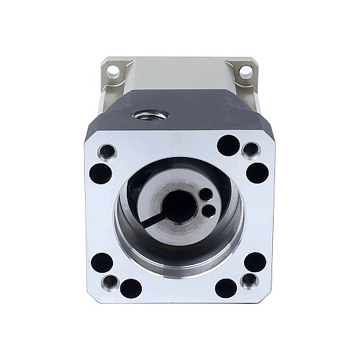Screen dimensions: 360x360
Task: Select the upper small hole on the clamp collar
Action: pos(203,194)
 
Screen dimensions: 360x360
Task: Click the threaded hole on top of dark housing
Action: pos(150,114)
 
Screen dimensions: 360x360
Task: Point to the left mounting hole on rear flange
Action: pos(114,73)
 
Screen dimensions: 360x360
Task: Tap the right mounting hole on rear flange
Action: pos(246,72)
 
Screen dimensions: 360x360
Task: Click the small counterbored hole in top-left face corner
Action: pos(107,152)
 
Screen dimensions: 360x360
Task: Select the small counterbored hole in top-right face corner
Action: pos(251,150)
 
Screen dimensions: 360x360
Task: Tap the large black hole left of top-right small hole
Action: pos(228,145)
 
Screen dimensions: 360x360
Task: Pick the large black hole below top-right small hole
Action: pos(256,172)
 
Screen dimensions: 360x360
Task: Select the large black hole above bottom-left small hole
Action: pos(102,262)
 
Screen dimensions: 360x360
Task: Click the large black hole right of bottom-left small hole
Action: pos(130,289)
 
